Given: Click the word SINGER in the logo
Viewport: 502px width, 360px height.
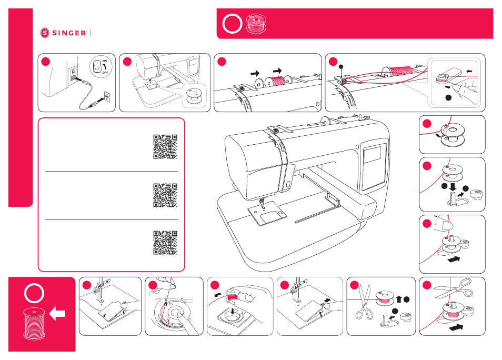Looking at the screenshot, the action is [69, 33].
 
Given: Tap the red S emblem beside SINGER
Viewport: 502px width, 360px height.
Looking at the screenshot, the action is [45, 33].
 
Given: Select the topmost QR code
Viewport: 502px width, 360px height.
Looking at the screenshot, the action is [165, 146].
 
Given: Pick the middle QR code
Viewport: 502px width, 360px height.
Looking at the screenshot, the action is [165, 195].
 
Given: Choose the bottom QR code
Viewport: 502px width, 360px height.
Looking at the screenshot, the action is [165, 243].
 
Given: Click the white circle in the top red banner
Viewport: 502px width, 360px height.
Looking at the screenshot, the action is [232, 24].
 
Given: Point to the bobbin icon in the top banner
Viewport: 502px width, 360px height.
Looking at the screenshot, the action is [256, 24].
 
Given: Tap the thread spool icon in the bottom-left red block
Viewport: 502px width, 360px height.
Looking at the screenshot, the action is [34, 324].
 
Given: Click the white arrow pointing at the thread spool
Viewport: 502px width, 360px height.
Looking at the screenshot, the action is [58, 314].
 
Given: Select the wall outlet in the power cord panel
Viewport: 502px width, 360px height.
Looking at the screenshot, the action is [107, 96].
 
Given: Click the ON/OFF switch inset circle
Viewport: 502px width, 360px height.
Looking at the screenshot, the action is [101, 67].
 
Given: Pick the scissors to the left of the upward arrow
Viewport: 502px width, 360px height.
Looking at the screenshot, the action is [364, 302].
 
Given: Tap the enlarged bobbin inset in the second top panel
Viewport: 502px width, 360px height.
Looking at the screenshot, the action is [194, 96].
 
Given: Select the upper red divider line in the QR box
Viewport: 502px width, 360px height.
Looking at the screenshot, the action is [112, 172].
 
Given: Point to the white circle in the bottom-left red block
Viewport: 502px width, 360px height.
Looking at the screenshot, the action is [34, 293].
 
